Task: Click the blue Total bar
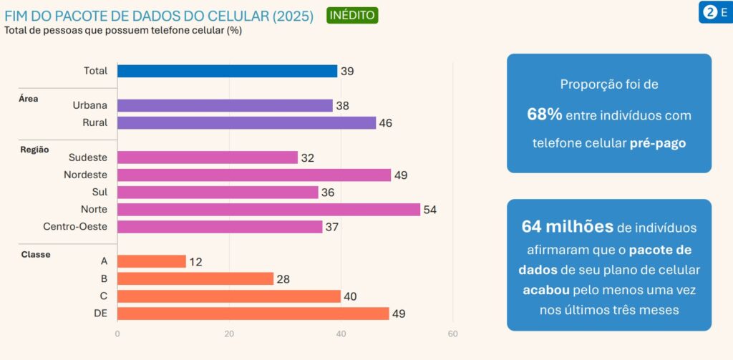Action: pos(227,71)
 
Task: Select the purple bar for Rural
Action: pos(246,122)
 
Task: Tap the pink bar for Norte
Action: pos(268,210)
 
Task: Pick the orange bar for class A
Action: pos(151,262)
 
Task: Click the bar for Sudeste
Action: pos(207,157)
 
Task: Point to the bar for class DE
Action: pos(253,313)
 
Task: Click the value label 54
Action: pos(429,210)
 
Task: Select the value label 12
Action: pos(195,262)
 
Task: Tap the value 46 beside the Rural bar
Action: pos(385,123)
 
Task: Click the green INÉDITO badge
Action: pos(352,15)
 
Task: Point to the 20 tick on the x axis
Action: pos(229,334)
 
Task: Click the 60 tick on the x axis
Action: pos(452,334)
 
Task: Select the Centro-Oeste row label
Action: pos(75,227)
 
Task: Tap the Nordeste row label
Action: pos(85,175)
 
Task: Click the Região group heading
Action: pos(34,150)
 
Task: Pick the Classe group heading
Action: pos(36,254)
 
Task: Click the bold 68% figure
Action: pos(544,115)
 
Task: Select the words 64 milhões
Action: pos(567,227)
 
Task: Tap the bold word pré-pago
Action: pos(657,143)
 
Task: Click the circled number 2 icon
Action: pos(710,12)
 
